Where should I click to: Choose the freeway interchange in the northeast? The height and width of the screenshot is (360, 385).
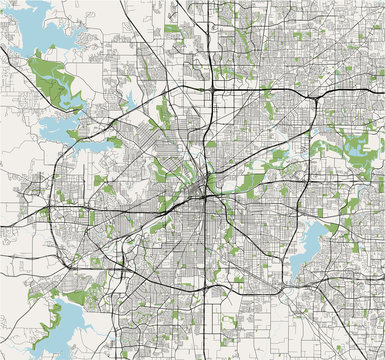[315, 100]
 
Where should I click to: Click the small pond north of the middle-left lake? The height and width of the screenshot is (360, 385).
[128, 99]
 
